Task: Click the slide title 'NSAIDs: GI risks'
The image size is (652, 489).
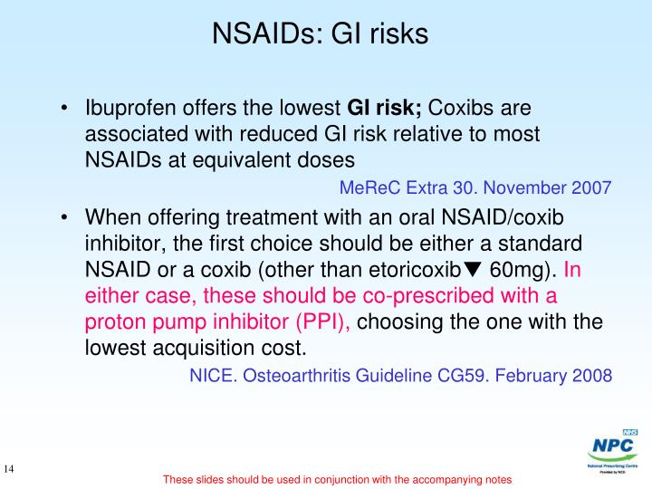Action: (x=319, y=34)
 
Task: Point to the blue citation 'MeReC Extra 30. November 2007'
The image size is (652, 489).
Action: (x=475, y=188)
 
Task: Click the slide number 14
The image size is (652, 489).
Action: (x=12, y=469)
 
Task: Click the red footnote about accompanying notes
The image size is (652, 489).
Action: (x=338, y=479)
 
